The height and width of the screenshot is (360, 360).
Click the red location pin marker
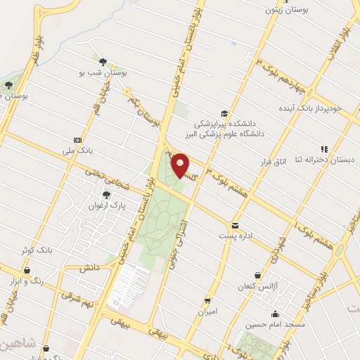click(181, 165)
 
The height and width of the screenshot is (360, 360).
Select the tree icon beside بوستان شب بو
click(104, 61)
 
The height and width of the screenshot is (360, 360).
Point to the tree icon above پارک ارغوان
click(107, 194)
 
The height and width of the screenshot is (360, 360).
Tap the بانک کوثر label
click(37, 250)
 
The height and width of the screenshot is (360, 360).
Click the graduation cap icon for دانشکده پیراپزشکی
click(224, 113)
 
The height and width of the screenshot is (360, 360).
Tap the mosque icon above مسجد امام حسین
click(276, 314)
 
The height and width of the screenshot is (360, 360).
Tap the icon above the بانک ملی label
click(77, 139)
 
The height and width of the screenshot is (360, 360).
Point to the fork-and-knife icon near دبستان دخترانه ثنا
click(324, 148)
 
